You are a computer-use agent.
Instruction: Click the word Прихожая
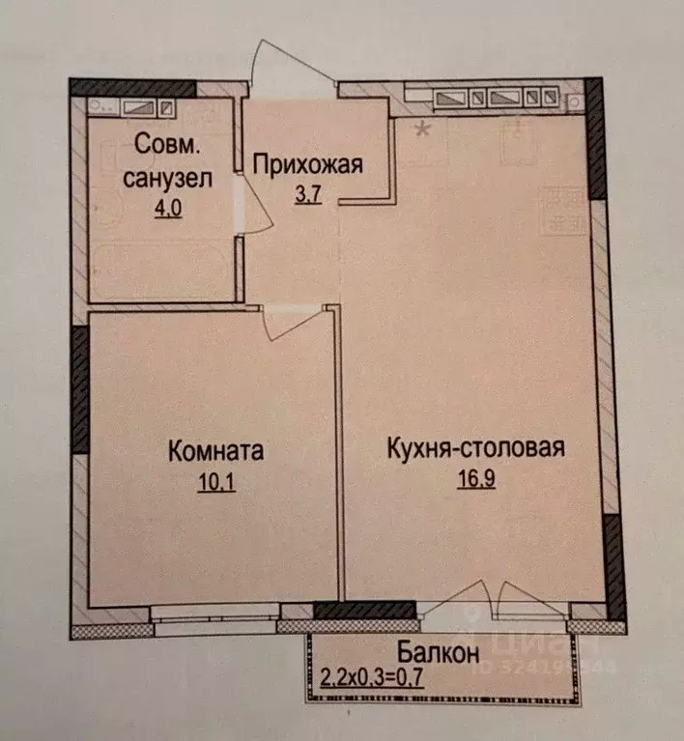click(x=307, y=163)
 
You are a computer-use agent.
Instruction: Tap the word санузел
click(x=159, y=179)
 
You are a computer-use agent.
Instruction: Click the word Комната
click(x=215, y=451)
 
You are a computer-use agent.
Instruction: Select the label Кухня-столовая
click(x=474, y=449)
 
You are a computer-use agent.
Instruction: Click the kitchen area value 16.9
click(x=474, y=480)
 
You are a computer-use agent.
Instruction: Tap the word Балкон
click(x=438, y=654)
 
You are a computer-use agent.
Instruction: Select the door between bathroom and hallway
click(x=253, y=205)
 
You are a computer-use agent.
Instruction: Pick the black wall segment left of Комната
click(x=78, y=390)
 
